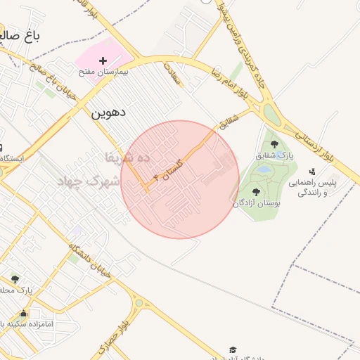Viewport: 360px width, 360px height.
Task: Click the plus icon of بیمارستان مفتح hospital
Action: point(103,62)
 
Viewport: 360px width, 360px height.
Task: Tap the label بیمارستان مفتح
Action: point(103,72)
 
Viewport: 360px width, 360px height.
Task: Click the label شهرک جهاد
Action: point(91,181)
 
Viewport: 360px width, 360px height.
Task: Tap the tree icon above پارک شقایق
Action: point(274,143)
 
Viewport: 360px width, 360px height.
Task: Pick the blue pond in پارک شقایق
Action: point(264,169)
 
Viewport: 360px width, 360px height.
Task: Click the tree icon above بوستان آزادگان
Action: point(255,191)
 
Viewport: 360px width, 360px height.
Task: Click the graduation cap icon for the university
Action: point(233,349)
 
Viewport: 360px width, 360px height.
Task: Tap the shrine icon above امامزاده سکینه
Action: point(25,314)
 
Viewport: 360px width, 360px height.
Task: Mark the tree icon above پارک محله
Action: point(15,279)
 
